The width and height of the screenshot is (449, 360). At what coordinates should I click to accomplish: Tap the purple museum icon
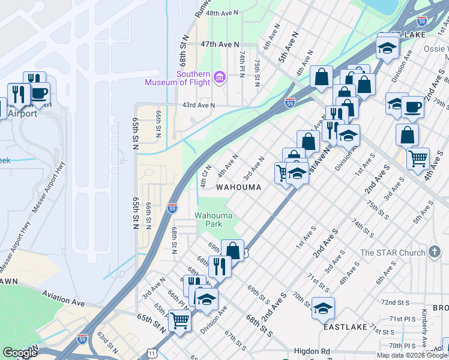click(x=220, y=77)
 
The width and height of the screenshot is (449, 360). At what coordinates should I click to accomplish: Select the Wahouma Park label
click(x=208, y=220)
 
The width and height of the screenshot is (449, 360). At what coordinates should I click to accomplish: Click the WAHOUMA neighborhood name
click(x=239, y=187)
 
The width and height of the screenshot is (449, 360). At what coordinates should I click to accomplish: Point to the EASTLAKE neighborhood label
click(x=345, y=328)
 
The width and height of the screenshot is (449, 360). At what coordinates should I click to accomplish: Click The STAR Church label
click(x=392, y=253)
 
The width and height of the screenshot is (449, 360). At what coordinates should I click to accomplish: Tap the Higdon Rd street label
click(x=312, y=352)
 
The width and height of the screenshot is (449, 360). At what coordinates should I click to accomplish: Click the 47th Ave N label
click(x=220, y=44)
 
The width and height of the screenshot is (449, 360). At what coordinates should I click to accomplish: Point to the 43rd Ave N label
click(x=198, y=105)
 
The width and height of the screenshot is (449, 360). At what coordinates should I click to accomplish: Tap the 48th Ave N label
click(x=221, y=12)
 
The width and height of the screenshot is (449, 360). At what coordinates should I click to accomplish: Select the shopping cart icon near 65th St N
click(x=179, y=320)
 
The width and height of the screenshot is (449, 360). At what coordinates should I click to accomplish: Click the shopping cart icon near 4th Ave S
click(x=418, y=158)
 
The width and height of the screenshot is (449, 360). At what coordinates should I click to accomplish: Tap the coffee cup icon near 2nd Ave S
click(x=412, y=107)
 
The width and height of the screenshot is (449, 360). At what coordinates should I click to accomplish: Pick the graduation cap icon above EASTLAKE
click(x=323, y=308)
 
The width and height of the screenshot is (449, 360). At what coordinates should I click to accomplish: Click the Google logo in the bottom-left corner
click(x=20, y=353)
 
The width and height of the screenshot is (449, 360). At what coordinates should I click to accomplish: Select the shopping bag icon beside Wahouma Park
click(x=232, y=250)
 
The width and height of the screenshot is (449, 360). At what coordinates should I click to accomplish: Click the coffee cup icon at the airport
click(x=39, y=93)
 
